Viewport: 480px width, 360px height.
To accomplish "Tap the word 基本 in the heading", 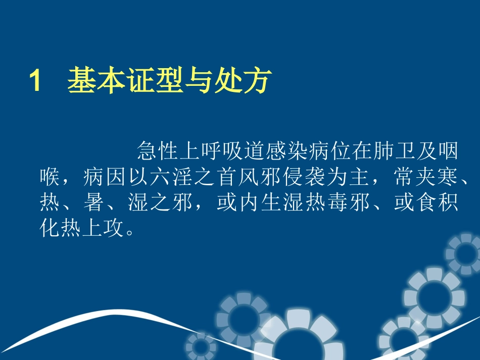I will (x=97, y=81).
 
